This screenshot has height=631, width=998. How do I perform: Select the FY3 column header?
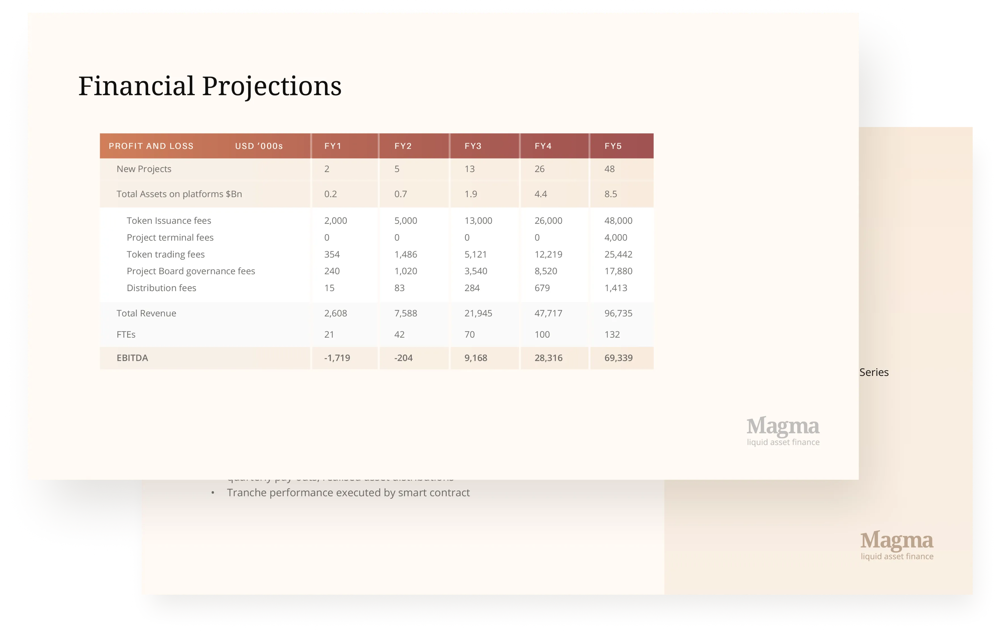click(473, 146)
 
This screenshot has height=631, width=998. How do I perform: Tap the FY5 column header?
click(613, 146)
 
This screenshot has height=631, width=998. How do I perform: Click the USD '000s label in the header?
click(259, 146)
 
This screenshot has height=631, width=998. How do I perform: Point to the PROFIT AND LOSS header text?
click(151, 146)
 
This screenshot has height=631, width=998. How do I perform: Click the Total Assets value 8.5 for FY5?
click(610, 194)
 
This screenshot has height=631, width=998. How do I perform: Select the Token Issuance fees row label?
click(169, 221)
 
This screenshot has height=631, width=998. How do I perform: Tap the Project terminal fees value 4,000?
click(615, 238)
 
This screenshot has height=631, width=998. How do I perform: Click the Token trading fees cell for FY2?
click(405, 255)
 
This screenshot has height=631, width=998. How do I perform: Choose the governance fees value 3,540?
click(475, 271)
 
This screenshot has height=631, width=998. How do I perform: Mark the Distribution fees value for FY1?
click(329, 288)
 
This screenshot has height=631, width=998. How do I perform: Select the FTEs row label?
click(126, 334)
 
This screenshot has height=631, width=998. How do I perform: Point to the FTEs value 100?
click(542, 334)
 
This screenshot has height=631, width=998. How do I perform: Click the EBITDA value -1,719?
click(337, 358)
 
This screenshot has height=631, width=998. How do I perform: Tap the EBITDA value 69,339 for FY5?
click(618, 358)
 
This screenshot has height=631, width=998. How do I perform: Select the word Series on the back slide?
click(874, 372)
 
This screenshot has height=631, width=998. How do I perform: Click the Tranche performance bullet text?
click(348, 493)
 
